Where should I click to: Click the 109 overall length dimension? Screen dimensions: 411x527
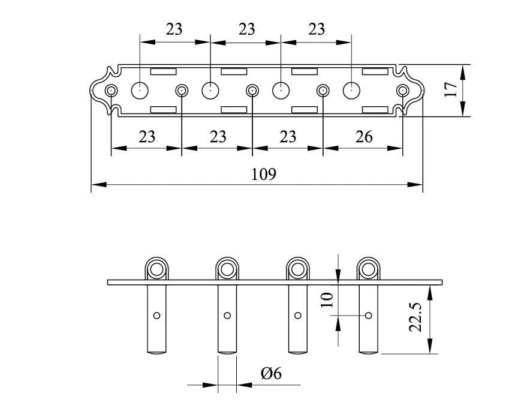click(x=263, y=175)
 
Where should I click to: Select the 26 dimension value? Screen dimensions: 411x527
click(x=364, y=137)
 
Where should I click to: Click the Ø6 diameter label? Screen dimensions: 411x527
click(x=271, y=374)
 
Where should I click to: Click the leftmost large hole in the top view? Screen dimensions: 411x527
click(x=140, y=90)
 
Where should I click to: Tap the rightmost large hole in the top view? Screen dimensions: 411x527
click(x=351, y=90)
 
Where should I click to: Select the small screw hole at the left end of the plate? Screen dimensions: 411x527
click(x=111, y=91)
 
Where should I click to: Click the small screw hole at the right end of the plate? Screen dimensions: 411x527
click(x=402, y=91)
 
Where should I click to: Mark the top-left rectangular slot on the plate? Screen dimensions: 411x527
click(x=163, y=72)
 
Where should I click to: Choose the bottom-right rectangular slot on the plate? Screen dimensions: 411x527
click(x=374, y=109)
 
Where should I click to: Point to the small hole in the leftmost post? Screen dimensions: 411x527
click(x=156, y=316)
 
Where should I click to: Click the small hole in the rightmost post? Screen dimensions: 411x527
click(x=368, y=316)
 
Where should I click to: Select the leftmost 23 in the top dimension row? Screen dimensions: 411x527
click(x=174, y=29)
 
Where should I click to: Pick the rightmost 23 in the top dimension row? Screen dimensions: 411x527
click(x=316, y=29)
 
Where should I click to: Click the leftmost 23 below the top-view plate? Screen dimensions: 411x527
click(x=147, y=137)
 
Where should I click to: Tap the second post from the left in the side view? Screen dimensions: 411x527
click(x=227, y=318)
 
